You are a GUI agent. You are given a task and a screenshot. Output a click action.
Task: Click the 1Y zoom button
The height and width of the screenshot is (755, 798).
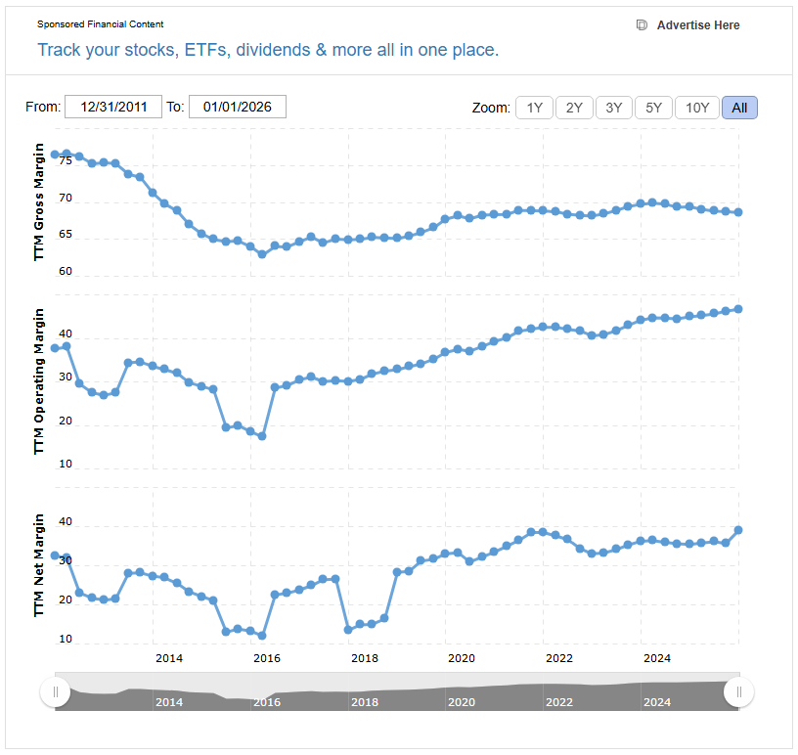point(535,108)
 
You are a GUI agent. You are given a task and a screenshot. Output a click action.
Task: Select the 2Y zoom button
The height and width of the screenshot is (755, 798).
point(574,108)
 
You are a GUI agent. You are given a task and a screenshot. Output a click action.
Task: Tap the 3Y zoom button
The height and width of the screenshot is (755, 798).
point(613,108)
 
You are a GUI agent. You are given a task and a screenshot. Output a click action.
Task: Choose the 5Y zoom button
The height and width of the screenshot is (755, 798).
point(652,108)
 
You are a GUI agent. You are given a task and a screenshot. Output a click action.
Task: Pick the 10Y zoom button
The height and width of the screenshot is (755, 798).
point(697,108)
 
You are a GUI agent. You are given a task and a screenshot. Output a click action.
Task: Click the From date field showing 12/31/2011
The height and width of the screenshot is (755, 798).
point(113,107)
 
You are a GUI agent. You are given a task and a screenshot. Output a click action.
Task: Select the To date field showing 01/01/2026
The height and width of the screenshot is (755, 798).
point(238,107)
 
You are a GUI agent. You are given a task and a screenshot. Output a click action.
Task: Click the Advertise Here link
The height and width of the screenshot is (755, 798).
point(697,25)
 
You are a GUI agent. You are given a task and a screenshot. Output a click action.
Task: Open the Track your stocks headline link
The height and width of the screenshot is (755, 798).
point(268,50)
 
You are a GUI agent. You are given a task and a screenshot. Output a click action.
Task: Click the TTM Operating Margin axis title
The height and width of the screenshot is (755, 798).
point(39,380)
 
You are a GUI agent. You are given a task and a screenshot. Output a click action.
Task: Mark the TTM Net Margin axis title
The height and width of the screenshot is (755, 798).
point(39,564)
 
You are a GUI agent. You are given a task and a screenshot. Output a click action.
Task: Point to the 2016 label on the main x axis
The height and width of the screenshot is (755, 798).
point(267,658)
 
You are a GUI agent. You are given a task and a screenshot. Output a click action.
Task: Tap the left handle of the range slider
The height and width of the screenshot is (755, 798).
point(55,692)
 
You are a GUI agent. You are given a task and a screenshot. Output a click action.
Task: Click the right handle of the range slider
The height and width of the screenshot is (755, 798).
point(738,692)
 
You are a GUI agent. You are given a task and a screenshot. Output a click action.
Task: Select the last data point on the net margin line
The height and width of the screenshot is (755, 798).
point(738,530)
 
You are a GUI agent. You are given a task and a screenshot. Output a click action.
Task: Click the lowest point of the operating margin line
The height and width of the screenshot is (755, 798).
point(262,436)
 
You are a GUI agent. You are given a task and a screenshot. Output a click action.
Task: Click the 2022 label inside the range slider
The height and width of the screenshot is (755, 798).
point(558,702)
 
